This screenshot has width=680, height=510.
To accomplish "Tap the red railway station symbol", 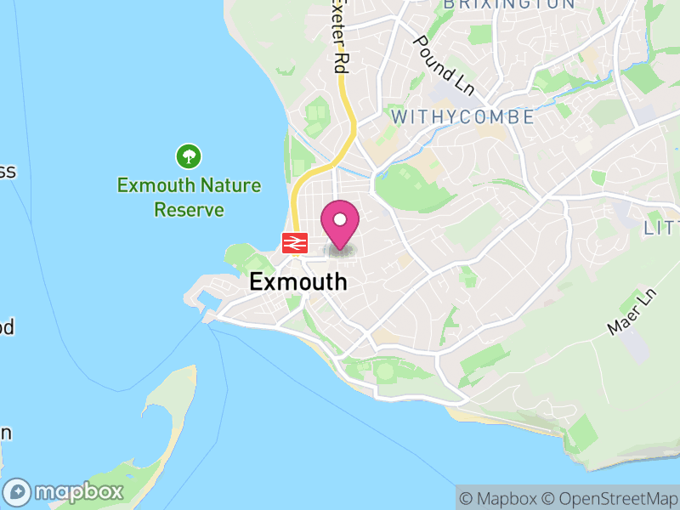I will (295, 243).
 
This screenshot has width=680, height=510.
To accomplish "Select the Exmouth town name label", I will (298, 282).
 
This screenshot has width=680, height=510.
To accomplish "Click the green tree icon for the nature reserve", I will (188, 156).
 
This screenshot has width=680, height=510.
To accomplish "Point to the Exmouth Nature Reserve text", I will (189, 196).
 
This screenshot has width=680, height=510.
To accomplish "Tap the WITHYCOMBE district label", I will (462, 116).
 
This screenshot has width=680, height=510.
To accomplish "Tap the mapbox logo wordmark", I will (79, 491).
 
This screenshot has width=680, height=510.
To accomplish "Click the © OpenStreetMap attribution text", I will (612, 498).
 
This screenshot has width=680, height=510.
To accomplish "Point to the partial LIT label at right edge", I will (661, 228).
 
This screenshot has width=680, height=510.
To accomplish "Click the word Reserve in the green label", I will (189, 209).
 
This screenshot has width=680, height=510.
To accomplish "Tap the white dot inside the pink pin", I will (340, 220).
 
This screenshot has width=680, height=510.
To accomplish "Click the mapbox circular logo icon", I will (19, 491).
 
